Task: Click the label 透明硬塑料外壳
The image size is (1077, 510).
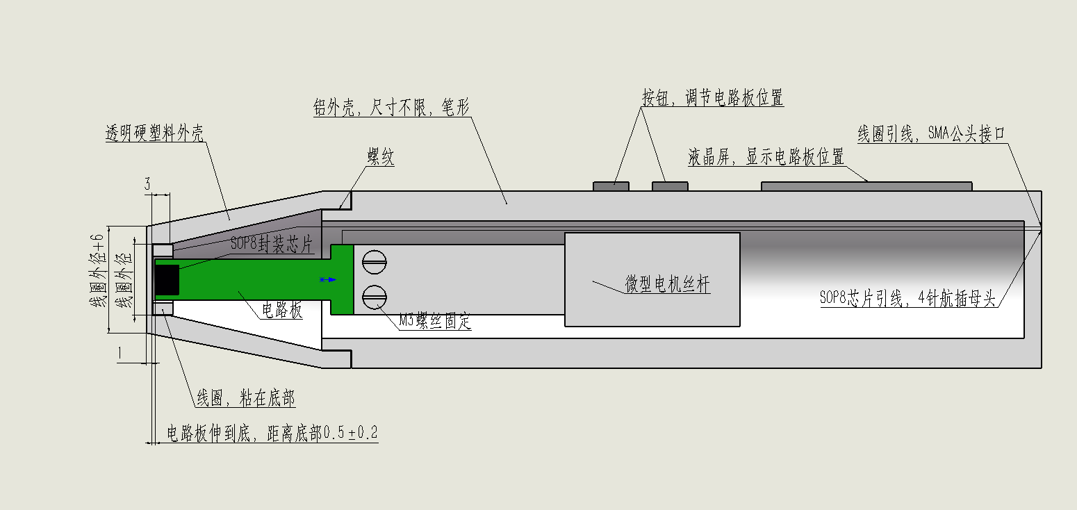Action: pyautogui.click(x=154, y=133)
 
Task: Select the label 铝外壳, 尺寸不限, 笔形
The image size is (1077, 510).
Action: pyautogui.click(x=391, y=107)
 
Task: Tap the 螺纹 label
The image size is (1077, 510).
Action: pyautogui.click(x=381, y=157)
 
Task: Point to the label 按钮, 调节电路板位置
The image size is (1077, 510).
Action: pyautogui.click(x=712, y=97)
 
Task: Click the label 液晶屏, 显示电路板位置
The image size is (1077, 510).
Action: pyautogui.click(x=766, y=157)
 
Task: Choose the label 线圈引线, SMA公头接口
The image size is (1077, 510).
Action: pyautogui.click(x=931, y=133)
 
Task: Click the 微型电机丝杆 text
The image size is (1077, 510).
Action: pyautogui.click(x=667, y=283)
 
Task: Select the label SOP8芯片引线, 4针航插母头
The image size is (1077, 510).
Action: pyautogui.click(x=907, y=298)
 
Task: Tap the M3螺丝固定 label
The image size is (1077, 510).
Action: pyautogui.click(x=435, y=320)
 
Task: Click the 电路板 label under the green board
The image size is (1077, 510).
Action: pyautogui.click(x=281, y=310)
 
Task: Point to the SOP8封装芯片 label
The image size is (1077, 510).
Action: pyautogui.click(x=272, y=244)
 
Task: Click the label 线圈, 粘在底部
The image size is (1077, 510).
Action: pyautogui.click(x=246, y=398)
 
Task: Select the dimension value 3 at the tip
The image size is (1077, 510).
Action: pyautogui.click(x=147, y=183)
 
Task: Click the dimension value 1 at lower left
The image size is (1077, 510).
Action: pyautogui.click(x=120, y=354)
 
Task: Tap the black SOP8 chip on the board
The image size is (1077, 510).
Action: pyautogui.click(x=167, y=280)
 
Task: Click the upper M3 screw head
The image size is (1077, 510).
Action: pyautogui.click(x=374, y=263)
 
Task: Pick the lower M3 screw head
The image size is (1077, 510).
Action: pyautogui.click(x=374, y=297)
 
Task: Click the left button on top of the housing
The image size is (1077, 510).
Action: pyautogui.click(x=611, y=186)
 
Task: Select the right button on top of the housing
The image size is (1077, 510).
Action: pyautogui.click(x=670, y=186)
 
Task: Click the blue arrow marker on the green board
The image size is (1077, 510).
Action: pyautogui.click(x=328, y=279)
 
